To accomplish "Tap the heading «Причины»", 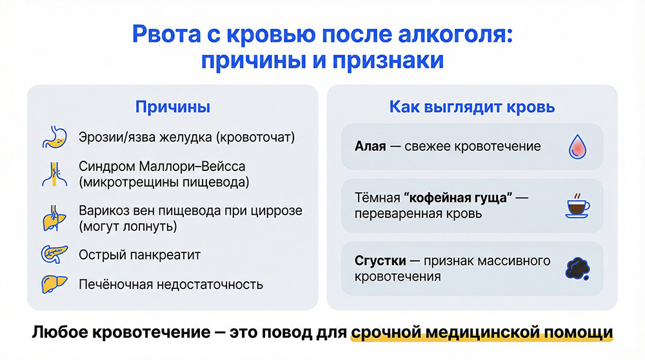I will pyautogui.click(x=172, y=107).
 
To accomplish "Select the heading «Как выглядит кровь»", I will pyautogui.click(x=472, y=107).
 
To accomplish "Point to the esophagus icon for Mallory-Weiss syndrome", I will pyautogui.click(x=54, y=174).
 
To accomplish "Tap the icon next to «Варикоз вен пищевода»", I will pyautogui.click(x=54, y=219).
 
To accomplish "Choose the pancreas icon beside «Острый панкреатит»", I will pyautogui.click(x=54, y=255).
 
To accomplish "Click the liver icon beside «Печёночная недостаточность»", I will pyautogui.click(x=54, y=284).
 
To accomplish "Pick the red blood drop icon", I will pyautogui.click(x=576, y=146).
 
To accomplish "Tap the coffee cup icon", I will pyautogui.click(x=576, y=205).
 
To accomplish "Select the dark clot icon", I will pyautogui.click(x=576, y=268).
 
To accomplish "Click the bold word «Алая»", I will pyautogui.click(x=370, y=146).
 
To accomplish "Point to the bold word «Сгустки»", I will pyautogui.click(x=380, y=261).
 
